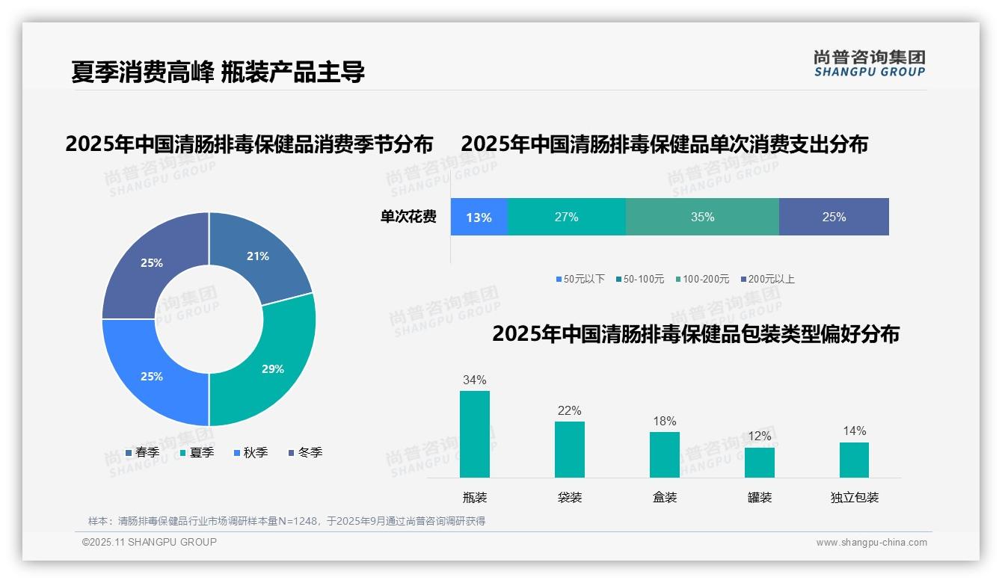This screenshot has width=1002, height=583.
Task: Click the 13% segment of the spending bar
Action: tap(479, 218)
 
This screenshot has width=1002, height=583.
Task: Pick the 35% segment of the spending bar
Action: tap(701, 218)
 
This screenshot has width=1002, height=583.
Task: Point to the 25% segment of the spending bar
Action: tap(833, 218)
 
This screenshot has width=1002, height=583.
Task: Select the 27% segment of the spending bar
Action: tap(566, 218)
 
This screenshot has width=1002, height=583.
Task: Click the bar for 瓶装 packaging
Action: tap(474, 434)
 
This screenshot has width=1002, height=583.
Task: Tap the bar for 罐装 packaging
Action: tap(759, 462)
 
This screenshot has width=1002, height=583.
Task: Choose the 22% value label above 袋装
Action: tap(569, 411)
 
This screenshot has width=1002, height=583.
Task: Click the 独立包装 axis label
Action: tap(854, 498)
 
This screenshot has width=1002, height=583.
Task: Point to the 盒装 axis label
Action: tap(664, 498)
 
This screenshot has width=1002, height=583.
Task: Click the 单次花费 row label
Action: tap(408, 218)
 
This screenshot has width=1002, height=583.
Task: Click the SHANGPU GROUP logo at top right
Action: tap(869, 64)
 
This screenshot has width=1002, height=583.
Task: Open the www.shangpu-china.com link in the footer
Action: tap(871, 543)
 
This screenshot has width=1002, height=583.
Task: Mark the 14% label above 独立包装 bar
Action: tap(854, 431)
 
